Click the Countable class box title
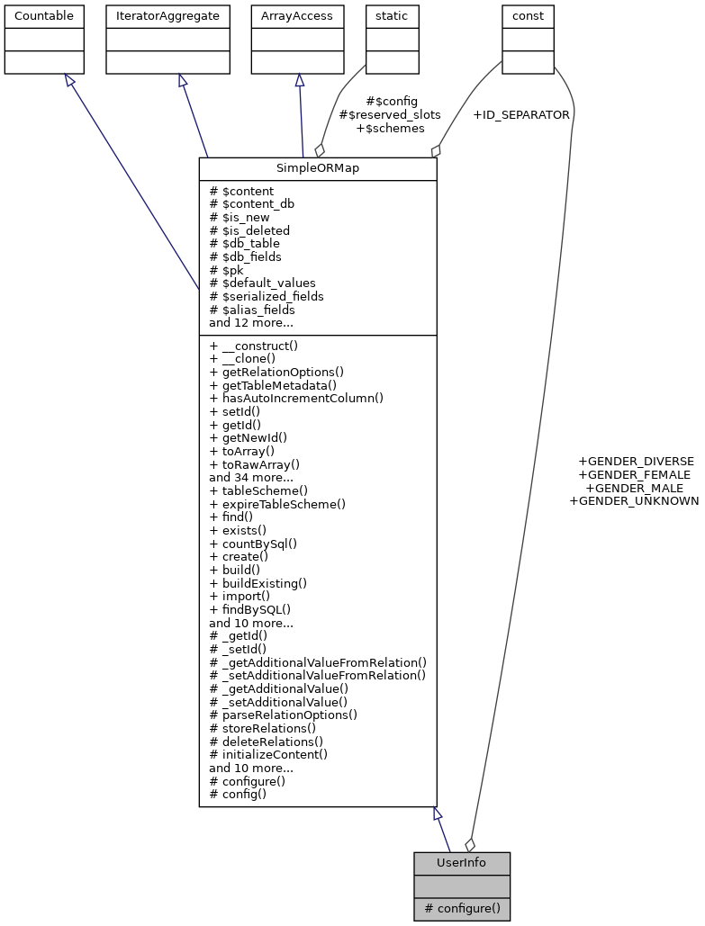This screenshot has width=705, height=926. (x=44, y=15)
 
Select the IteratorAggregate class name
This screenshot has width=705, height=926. (x=166, y=15)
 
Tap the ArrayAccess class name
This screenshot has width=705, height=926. (x=296, y=15)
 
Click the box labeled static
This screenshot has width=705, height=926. (x=392, y=15)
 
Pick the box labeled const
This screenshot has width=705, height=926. (x=528, y=15)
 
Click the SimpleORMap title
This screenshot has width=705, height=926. (x=317, y=169)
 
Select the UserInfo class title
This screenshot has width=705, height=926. (x=461, y=863)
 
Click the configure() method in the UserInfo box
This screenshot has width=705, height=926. (x=462, y=908)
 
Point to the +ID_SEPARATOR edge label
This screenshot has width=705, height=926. (x=520, y=115)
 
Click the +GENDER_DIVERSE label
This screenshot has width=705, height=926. (x=636, y=462)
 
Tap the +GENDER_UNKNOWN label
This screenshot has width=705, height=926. (x=634, y=501)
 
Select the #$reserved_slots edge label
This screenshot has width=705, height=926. (x=389, y=115)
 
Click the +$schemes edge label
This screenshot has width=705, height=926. (x=390, y=129)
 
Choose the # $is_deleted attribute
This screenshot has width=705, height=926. (x=249, y=230)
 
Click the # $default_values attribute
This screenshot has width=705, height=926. (x=262, y=283)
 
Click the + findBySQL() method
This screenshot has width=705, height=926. (x=249, y=609)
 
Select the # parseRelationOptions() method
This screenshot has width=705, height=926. (x=283, y=715)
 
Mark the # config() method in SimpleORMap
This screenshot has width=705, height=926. (x=238, y=795)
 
